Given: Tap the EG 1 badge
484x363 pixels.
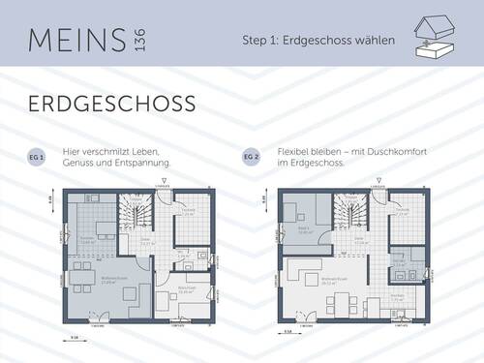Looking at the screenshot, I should tap(40, 155).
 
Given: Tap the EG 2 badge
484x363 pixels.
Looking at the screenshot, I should tap(252, 155).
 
